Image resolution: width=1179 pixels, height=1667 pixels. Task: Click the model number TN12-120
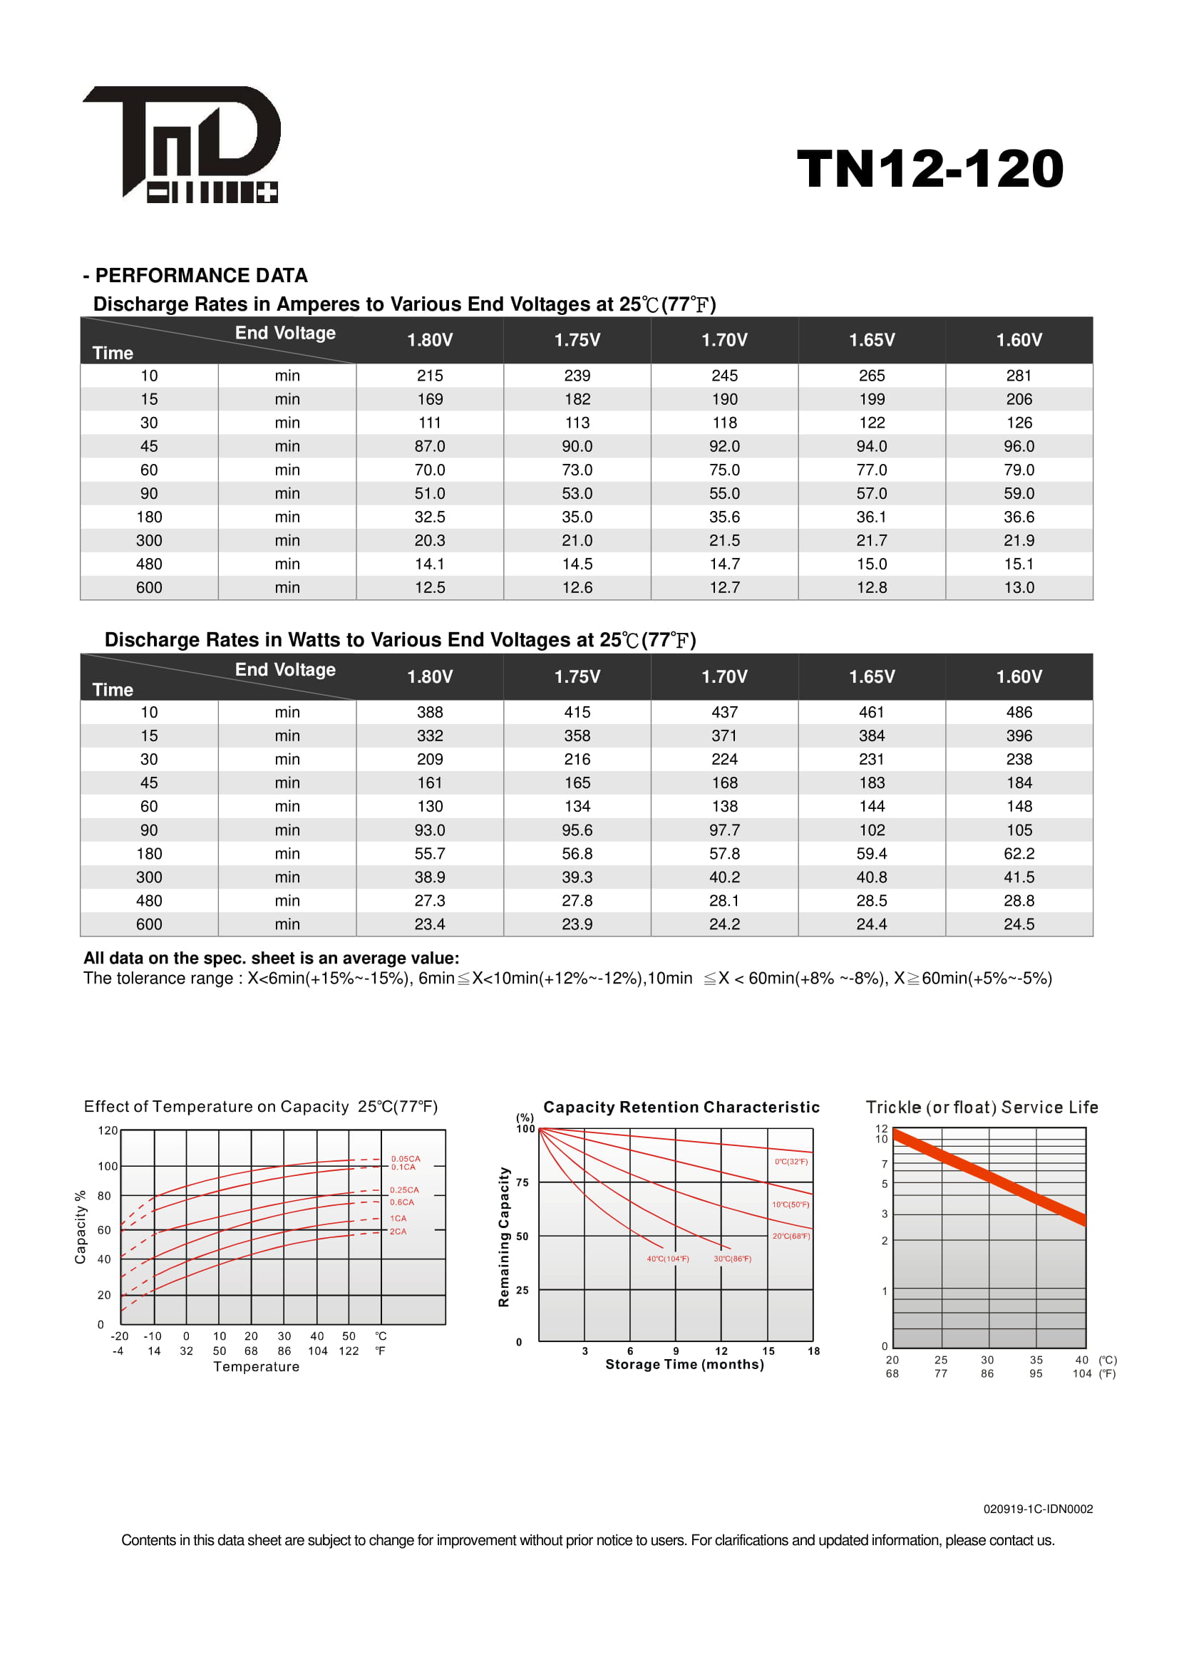930,169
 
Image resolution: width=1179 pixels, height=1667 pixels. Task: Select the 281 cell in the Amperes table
1019,376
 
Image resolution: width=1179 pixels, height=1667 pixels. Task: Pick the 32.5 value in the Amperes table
430,517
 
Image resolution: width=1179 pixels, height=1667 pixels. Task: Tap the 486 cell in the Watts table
1019,712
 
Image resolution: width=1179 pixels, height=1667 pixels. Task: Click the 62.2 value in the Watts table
1019,854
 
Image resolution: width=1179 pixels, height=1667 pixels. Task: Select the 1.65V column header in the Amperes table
871,340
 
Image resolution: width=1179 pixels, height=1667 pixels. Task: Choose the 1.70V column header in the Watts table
724,676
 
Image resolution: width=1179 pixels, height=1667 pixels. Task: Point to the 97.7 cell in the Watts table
724,830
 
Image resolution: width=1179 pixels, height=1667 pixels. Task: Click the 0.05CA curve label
405,1159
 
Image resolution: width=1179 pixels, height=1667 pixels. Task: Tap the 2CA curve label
398,1232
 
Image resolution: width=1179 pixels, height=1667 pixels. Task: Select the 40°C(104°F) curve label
668,1259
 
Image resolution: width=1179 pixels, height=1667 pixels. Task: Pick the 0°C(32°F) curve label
791,1162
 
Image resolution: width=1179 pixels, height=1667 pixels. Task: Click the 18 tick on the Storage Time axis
813,1351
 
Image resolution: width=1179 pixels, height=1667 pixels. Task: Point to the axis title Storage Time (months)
684,1365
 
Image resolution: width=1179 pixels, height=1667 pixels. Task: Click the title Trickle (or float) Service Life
982,1108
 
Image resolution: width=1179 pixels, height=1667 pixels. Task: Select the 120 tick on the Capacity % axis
108,1130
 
